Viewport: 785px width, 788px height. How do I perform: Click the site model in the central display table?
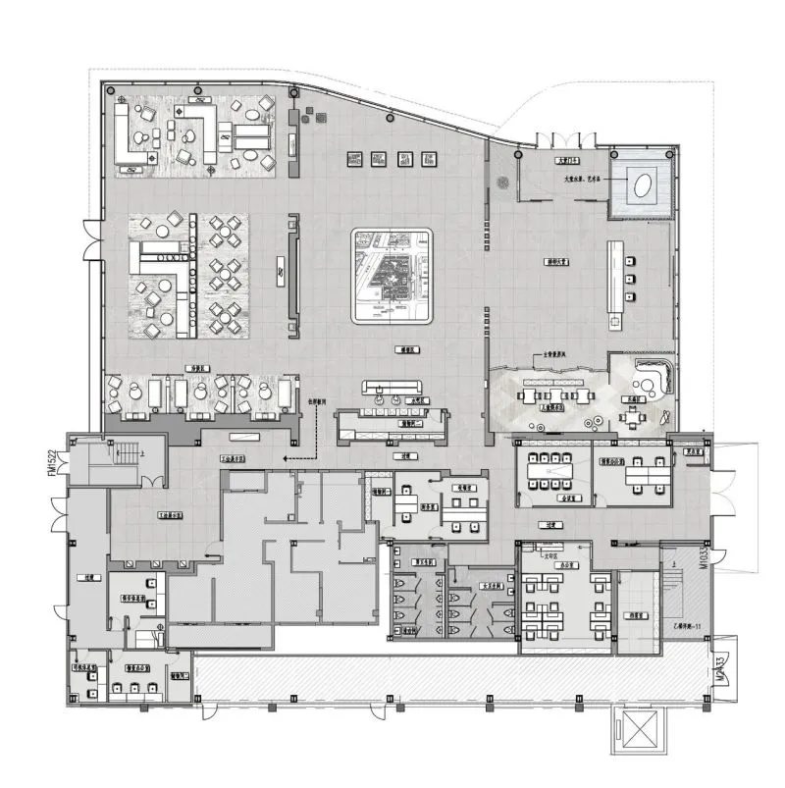(x=392, y=277)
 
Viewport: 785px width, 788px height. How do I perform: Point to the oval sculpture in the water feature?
(x=642, y=184)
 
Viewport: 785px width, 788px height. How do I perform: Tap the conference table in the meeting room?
(x=550, y=471)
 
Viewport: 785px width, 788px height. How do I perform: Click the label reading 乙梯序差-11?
(x=684, y=624)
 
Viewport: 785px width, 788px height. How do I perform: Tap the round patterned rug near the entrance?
(x=503, y=182)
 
